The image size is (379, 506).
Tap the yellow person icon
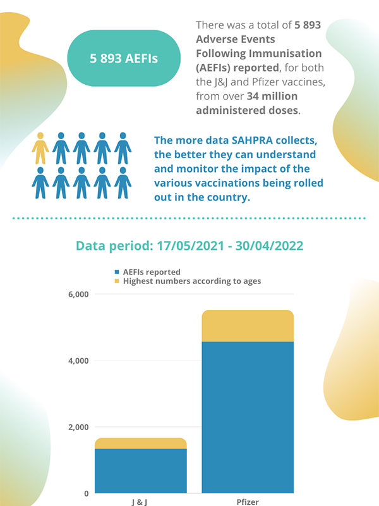40,149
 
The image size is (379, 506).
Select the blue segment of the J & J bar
141,471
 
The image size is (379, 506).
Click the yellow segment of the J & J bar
141,443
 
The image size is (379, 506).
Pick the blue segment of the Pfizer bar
248,417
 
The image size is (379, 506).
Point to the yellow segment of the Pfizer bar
248,326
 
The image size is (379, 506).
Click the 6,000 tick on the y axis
79,295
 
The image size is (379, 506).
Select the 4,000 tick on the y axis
79,361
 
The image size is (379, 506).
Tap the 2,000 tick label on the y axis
79,428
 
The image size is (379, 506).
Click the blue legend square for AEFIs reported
116,273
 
